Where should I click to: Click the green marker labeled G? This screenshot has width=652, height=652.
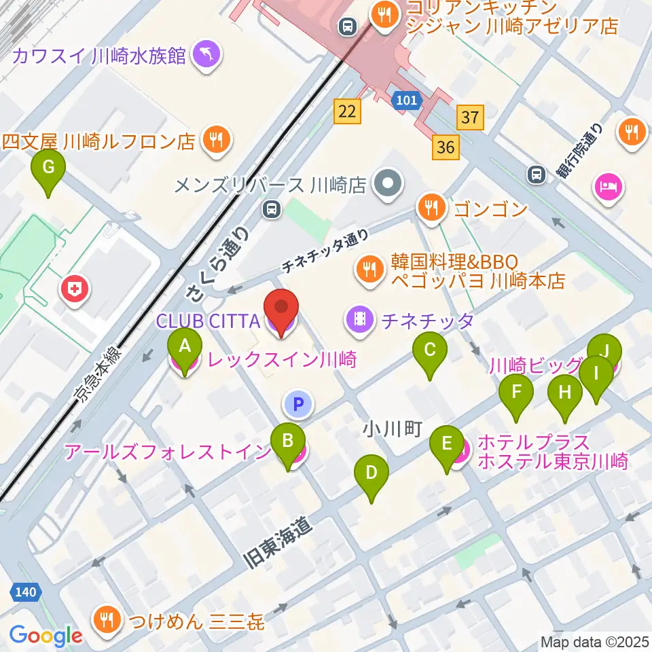click(48, 168)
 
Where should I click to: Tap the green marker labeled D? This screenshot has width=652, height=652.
click(371, 473)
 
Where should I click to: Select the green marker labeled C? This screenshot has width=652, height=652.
click(429, 351)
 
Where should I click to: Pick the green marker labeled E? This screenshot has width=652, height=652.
click(446, 444)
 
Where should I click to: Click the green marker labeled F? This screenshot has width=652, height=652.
click(516, 393)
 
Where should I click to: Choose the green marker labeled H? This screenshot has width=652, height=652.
click(565, 393)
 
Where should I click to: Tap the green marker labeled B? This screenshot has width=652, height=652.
click(287, 441)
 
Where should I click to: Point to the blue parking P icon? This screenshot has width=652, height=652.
click(297, 405)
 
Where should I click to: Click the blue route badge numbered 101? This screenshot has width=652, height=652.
click(407, 101)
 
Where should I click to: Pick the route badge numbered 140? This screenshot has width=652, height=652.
click(26, 592)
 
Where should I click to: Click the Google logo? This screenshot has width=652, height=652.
click(46, 636)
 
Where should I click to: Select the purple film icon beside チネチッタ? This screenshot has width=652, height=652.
click(359, 319)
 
